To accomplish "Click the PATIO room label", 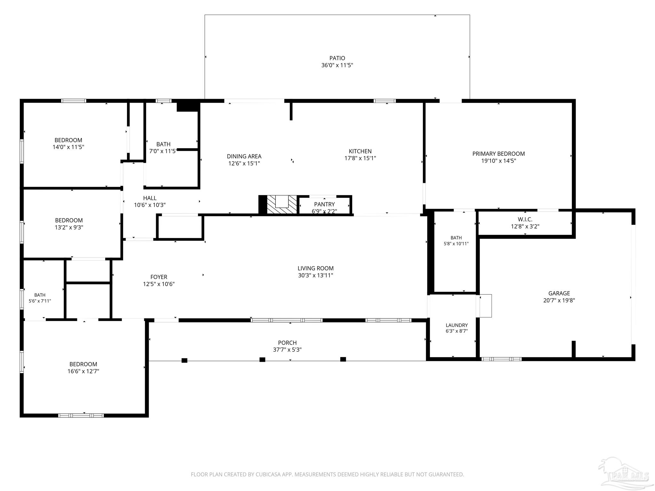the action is (x=337, y=58).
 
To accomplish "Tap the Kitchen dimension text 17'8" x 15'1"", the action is (x=360, y=158).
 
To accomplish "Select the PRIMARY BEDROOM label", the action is (x=499, y=154).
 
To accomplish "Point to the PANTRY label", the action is (x=324, y=204).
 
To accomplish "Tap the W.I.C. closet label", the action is (x=525, y=220).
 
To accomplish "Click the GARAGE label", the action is (x=559, y=293).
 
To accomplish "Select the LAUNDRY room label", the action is (x=457, y=325).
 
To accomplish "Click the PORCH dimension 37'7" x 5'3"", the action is (x=287, y=350).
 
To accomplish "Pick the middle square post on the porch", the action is (x=262, y=360).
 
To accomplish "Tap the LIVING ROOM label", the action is (x=316, y=269).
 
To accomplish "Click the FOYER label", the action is (x=159, y=277).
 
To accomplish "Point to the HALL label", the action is (x=150, y=198).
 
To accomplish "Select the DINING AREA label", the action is (x=244, y=156).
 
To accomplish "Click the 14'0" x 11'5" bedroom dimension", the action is (x=68, y=147).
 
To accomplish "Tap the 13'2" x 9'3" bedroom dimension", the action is (x=69, y=228).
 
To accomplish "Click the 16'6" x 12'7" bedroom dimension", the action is (x=83, y=371).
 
